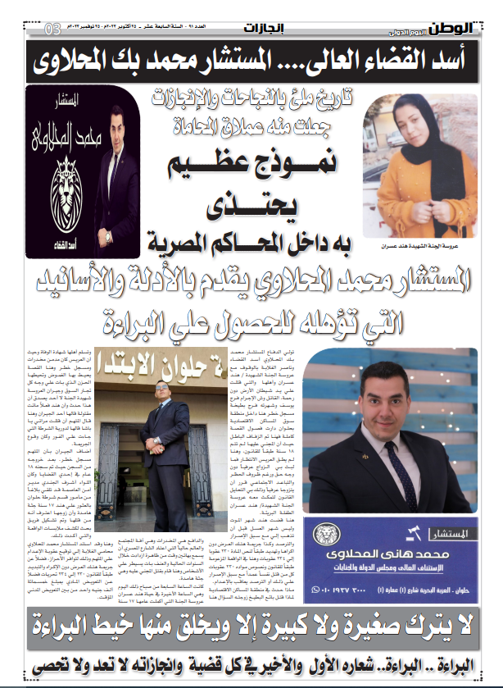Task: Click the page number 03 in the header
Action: tap(52, 30)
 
